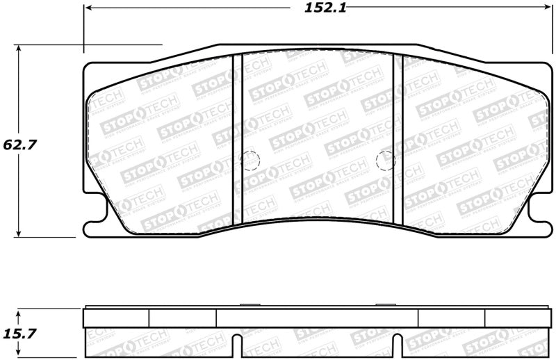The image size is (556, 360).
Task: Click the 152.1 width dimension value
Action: [316, 9]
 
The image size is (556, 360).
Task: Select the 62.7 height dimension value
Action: [19, 145]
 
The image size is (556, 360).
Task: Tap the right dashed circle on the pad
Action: [385, 161]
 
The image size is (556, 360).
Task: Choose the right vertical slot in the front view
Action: [398, 139]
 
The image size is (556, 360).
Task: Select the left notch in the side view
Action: [238, 345]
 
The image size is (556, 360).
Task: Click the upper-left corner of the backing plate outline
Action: [86, 65]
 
